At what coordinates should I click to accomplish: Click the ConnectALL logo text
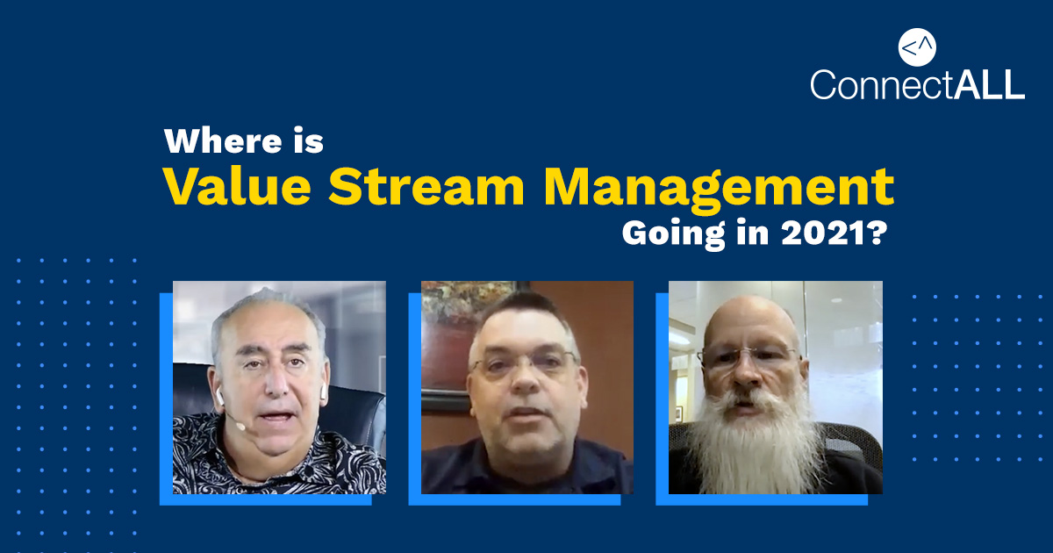point(917,83)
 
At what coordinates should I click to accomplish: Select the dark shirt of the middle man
point(526,465)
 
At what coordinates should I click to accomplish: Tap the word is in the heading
point(309,141)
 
